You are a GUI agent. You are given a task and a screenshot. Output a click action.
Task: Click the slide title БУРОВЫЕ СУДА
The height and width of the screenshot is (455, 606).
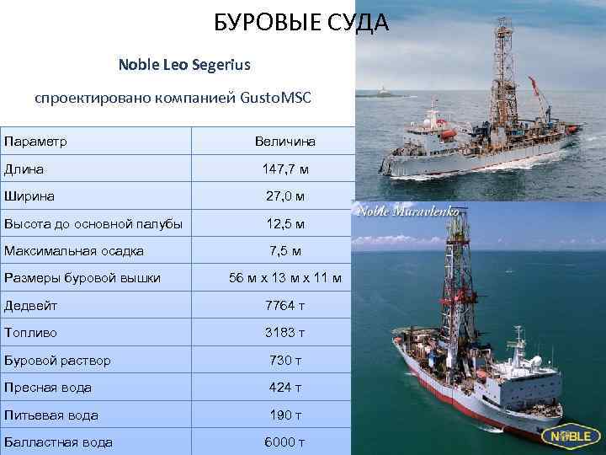click(x=300, y=23)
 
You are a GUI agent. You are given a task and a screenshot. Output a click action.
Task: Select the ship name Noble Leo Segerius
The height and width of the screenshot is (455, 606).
click(x=184, y=64)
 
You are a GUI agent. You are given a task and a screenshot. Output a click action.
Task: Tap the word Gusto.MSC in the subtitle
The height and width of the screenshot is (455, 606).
click(x=275, y=98)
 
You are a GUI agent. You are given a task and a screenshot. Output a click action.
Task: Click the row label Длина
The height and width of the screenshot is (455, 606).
click(x=24, y=169)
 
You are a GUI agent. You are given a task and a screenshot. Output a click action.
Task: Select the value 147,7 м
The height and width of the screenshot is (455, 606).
click(x=285, y=169)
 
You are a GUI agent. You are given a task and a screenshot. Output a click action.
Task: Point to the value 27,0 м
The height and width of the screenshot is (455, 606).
click(x=285, y=196)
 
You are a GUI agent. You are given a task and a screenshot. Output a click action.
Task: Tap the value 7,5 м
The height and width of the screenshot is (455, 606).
click(x=285, y=251)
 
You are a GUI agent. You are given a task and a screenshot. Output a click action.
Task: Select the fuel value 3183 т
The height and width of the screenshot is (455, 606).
click(x=285, y=333)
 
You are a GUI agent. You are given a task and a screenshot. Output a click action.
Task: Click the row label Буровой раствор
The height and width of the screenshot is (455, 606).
click(x=57, y=361)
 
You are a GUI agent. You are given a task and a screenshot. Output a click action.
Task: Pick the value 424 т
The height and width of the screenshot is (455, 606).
click(x=285, y=388)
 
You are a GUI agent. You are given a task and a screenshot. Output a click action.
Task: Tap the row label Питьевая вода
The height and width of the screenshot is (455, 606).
click(x=51, y=415)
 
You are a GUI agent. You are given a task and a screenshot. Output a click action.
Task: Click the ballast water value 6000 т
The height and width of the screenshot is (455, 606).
click(x=285, y=442)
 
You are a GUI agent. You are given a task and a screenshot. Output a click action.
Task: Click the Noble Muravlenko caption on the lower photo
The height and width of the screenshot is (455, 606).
click(x=409, y=211)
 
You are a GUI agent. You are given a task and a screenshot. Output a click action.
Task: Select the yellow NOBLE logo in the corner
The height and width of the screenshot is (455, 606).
click(x=573, y=436)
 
